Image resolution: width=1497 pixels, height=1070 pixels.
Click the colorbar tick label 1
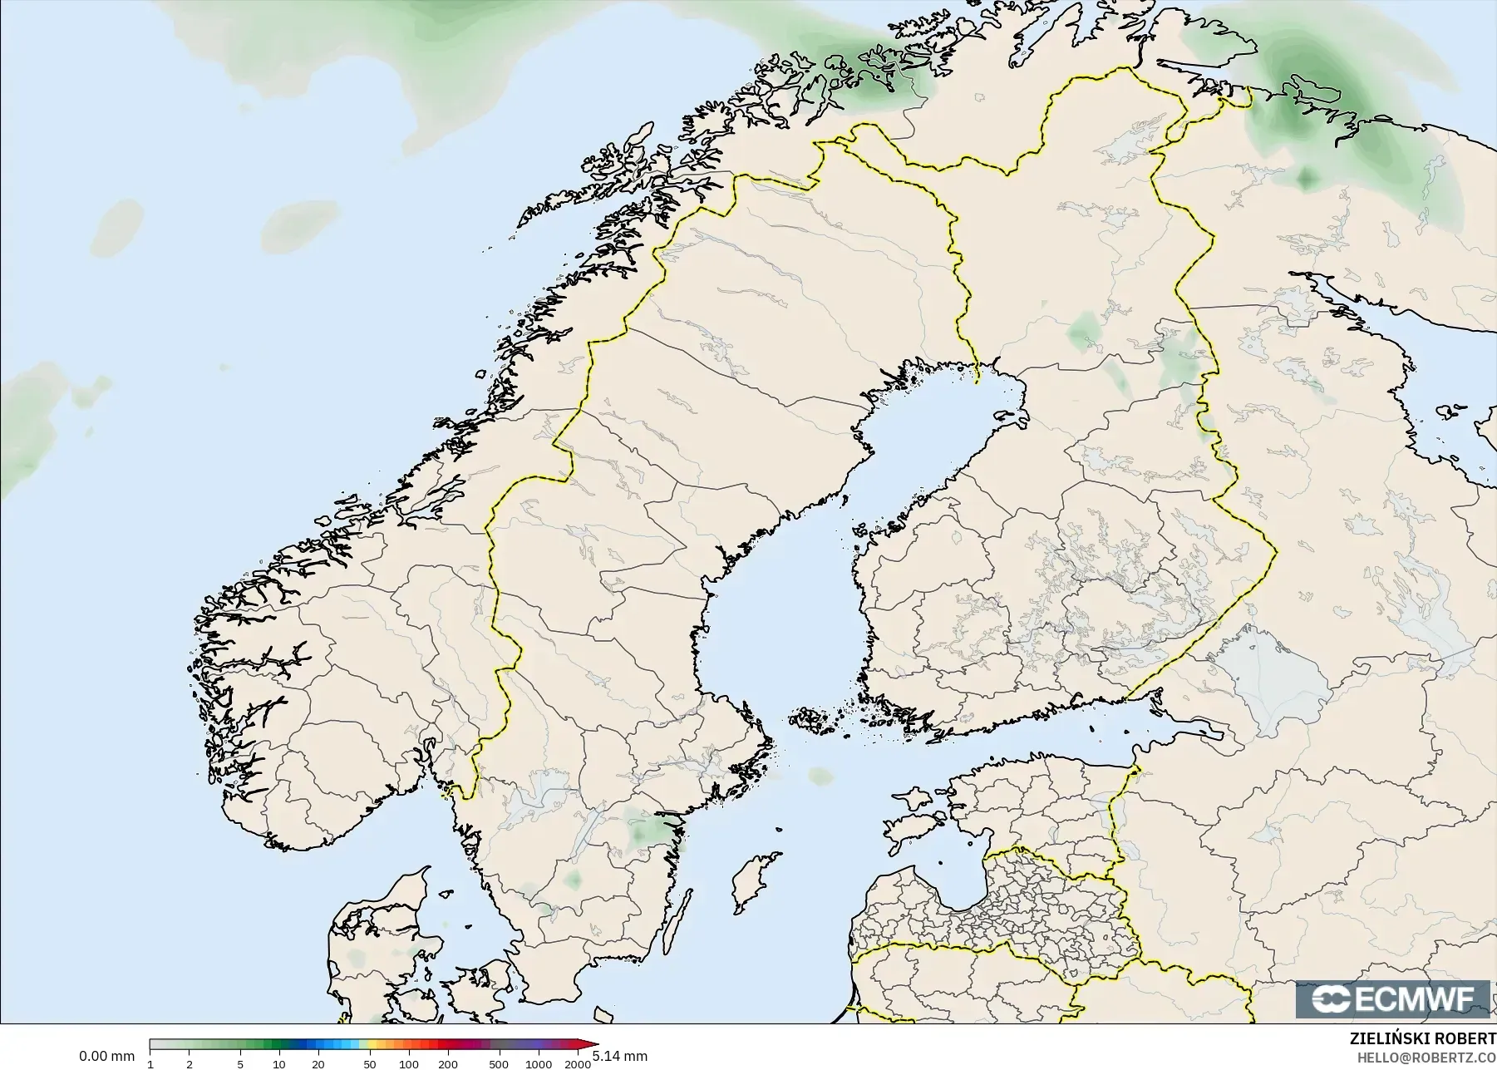[150, 1064]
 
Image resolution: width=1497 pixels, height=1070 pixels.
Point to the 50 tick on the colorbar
[370, 1064]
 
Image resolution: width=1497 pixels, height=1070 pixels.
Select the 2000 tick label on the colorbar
[579, 1064]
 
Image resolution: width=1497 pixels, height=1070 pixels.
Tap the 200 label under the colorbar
[448, 1064]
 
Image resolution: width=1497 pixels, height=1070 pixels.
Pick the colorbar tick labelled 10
[279, 1064]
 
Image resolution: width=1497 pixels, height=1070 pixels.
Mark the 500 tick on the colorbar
[499, 1064]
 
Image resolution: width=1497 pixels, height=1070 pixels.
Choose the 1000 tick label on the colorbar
[539, 1064]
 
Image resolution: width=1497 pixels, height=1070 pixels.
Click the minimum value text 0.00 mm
[106, 1056]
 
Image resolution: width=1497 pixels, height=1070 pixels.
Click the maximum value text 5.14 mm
[619, 1056]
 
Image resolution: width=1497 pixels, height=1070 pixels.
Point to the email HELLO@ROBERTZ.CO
[1426, 1058]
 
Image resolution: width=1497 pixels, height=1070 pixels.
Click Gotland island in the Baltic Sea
[751, 881]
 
